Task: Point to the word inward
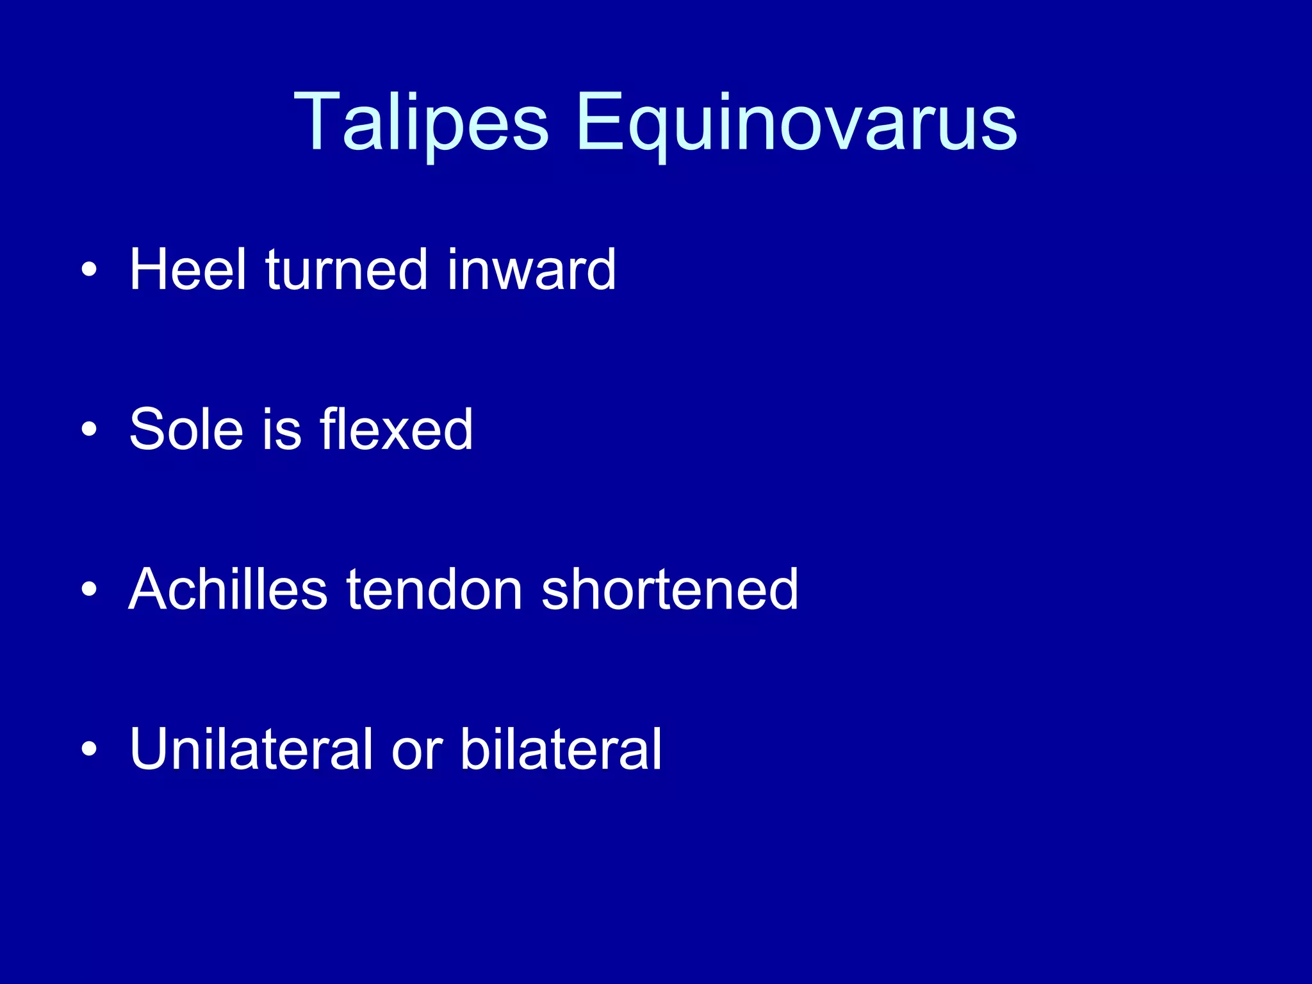[x=531, y=270]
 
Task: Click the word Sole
[x=186, y=429]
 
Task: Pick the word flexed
[x=397, y=429]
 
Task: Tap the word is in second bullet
[x=282, y=429]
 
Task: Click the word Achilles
[x=228, y=589]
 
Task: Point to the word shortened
[x=669, y=589]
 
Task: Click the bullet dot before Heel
[x=90, y=270]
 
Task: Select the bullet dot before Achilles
[x=90, y=589]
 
